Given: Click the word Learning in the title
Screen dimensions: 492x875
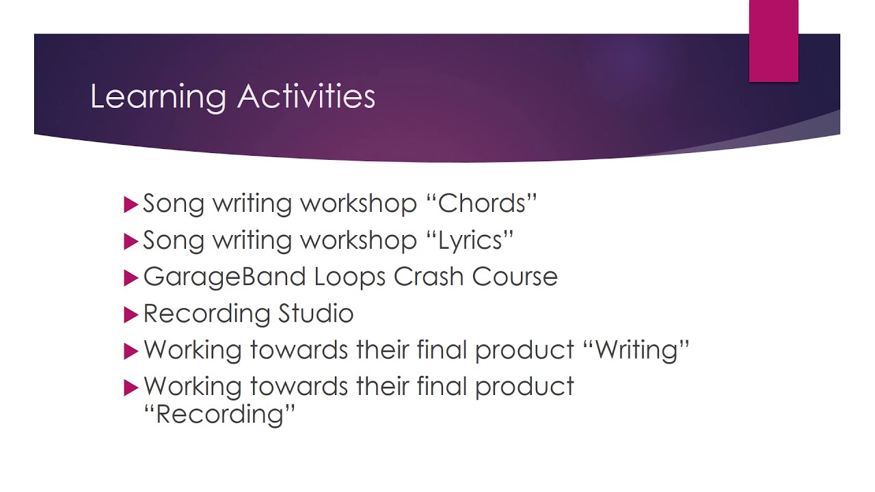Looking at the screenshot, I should [x=158, y=97].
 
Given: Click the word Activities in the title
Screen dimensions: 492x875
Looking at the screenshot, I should [x=306, y=96].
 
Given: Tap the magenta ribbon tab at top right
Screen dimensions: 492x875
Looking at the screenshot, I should [x=773, y=41].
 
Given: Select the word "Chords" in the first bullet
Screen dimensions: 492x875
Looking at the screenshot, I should [x=487, y=204].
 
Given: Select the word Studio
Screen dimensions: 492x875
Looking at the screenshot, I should [x=316, y=314].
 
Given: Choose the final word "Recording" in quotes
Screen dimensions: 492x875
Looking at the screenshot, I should [x=219, y=414].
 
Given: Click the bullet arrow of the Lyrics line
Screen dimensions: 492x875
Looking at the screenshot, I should [x=131, y=241].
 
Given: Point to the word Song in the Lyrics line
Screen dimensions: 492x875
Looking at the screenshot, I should [x=174, y=241].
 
